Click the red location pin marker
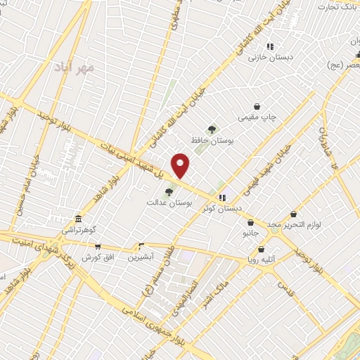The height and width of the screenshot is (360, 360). coord(181,166)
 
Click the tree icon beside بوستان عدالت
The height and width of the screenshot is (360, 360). coord(169,192)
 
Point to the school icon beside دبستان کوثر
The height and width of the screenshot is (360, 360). coord(222,198)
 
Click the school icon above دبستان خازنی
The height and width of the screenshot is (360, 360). coord(269,47)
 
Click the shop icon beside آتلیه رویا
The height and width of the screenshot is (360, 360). coord(262,249)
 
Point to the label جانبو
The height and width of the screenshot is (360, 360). coord(251,231)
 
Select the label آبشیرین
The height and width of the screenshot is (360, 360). coord(141,257)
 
